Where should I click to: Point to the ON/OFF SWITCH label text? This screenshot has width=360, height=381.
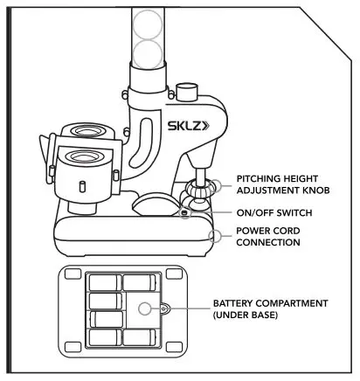(x=273, y=212)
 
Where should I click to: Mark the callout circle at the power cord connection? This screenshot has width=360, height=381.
(x=219, y=234)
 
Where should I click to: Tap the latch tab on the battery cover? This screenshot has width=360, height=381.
(x=164, y=307)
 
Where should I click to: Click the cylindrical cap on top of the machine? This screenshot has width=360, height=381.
(x=184, y=90)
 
